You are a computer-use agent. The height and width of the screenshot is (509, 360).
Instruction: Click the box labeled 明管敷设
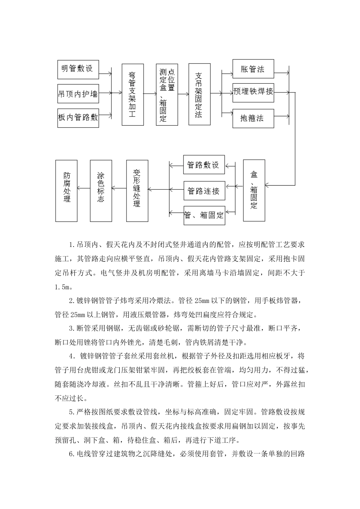click(78, 69)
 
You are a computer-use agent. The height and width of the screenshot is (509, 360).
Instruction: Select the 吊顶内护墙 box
click(78, 93)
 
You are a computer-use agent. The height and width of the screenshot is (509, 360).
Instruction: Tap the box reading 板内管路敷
click(78, 117)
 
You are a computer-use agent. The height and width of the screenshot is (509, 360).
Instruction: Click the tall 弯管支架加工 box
click(133, 95)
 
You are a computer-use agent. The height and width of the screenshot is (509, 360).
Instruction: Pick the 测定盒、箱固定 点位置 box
click(167, 95)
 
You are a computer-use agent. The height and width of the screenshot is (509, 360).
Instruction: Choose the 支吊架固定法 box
click(199, 95)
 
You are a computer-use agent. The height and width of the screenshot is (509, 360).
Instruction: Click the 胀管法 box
click(253, 69)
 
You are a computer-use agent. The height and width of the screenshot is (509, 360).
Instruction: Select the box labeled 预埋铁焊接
click(253, 92)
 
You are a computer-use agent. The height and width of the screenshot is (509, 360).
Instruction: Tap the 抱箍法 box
click(253, 118)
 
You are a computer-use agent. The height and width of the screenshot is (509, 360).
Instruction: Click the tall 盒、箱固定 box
click(254, 190)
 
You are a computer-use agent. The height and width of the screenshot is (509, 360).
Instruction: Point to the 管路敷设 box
click(204, 165)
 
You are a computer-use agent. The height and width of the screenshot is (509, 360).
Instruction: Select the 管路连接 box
click(204, 191)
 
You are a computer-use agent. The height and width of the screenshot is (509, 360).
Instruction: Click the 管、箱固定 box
click(204, 215)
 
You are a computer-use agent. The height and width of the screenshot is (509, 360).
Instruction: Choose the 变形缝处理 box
click(137, 190)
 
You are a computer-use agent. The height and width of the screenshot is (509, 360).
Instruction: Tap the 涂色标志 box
click(101, 190)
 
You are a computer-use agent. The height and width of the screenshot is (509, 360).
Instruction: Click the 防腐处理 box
click(66, 190)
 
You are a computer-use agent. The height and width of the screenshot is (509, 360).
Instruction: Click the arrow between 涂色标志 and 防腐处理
click(84, 187)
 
